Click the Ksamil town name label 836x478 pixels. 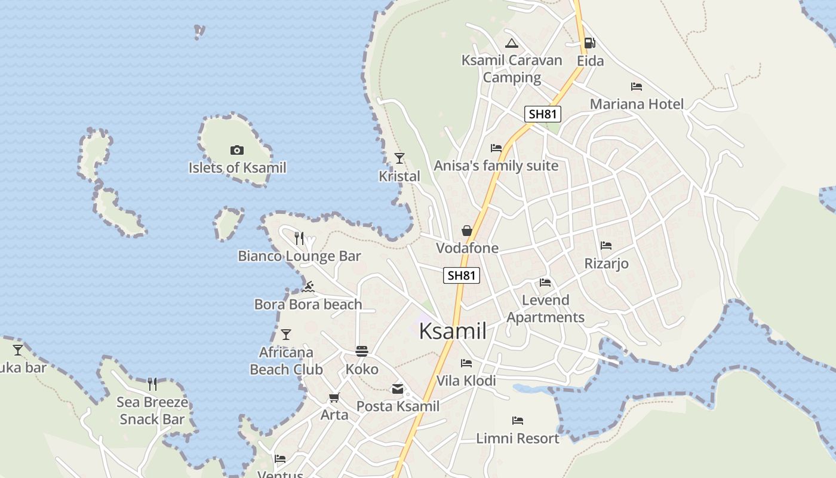(453, 330)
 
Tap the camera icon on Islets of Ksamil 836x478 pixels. (237, 150)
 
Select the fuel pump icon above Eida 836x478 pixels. (589, 42)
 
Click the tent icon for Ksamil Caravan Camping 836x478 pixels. (511, 43)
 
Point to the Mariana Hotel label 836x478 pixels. (637, 104)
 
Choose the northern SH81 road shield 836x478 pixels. (542, 114)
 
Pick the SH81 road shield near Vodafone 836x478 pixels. (462, 275)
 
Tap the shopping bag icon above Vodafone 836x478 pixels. (466, 231)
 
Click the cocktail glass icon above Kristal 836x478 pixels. (399, 158)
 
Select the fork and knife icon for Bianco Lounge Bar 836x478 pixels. (299, 238)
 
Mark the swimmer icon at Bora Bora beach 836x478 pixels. (308, 287)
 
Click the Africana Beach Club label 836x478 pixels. (286, 361)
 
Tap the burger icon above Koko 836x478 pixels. (362, 351)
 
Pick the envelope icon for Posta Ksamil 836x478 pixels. (398, 389)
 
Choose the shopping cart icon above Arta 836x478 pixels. (334, 397)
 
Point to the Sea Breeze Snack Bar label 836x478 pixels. (152, 410)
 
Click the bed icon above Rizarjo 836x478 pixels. (606, 246)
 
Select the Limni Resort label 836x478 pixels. (518, 439)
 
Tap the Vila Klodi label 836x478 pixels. (466, 381)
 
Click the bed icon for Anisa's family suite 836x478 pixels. (496, 148)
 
